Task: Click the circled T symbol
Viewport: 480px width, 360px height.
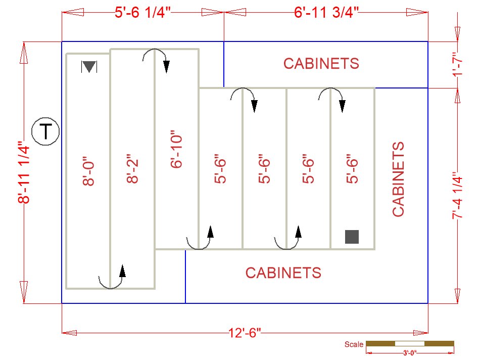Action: (x=45, y=131)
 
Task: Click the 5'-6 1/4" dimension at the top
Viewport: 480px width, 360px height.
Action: (x=142, y=13)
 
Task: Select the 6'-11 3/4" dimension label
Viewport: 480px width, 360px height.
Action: (x=326, y=13)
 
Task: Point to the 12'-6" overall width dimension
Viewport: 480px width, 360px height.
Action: (x=245, y=332)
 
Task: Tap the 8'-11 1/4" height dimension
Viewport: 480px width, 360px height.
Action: (x=24, y=172)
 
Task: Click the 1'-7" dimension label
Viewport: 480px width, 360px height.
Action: (x=458, y=65)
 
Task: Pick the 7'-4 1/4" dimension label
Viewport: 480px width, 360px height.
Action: (x=458, y=196)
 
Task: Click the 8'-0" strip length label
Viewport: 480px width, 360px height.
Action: (x=89, y=171)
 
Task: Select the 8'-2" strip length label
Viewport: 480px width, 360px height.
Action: (x=132, y=168)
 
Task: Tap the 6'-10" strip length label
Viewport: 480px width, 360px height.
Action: (x=177, y=149)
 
